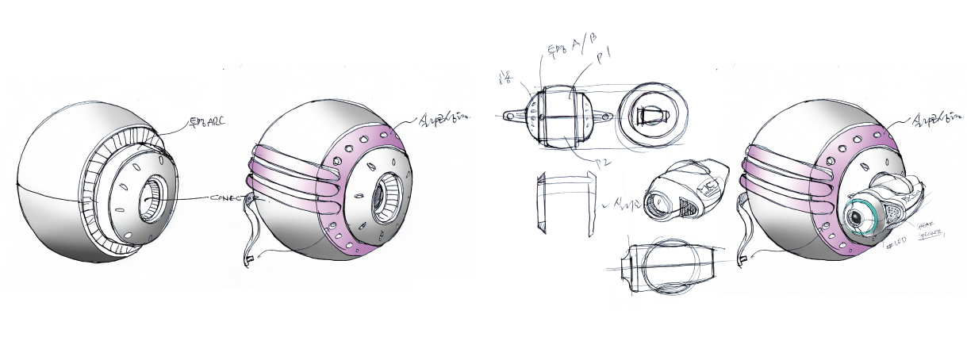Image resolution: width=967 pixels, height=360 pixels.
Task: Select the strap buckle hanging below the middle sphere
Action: [248, 258]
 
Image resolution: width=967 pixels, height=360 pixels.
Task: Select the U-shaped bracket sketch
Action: [563, 205]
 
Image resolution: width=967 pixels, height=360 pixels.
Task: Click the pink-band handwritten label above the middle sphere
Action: [443, 119]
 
